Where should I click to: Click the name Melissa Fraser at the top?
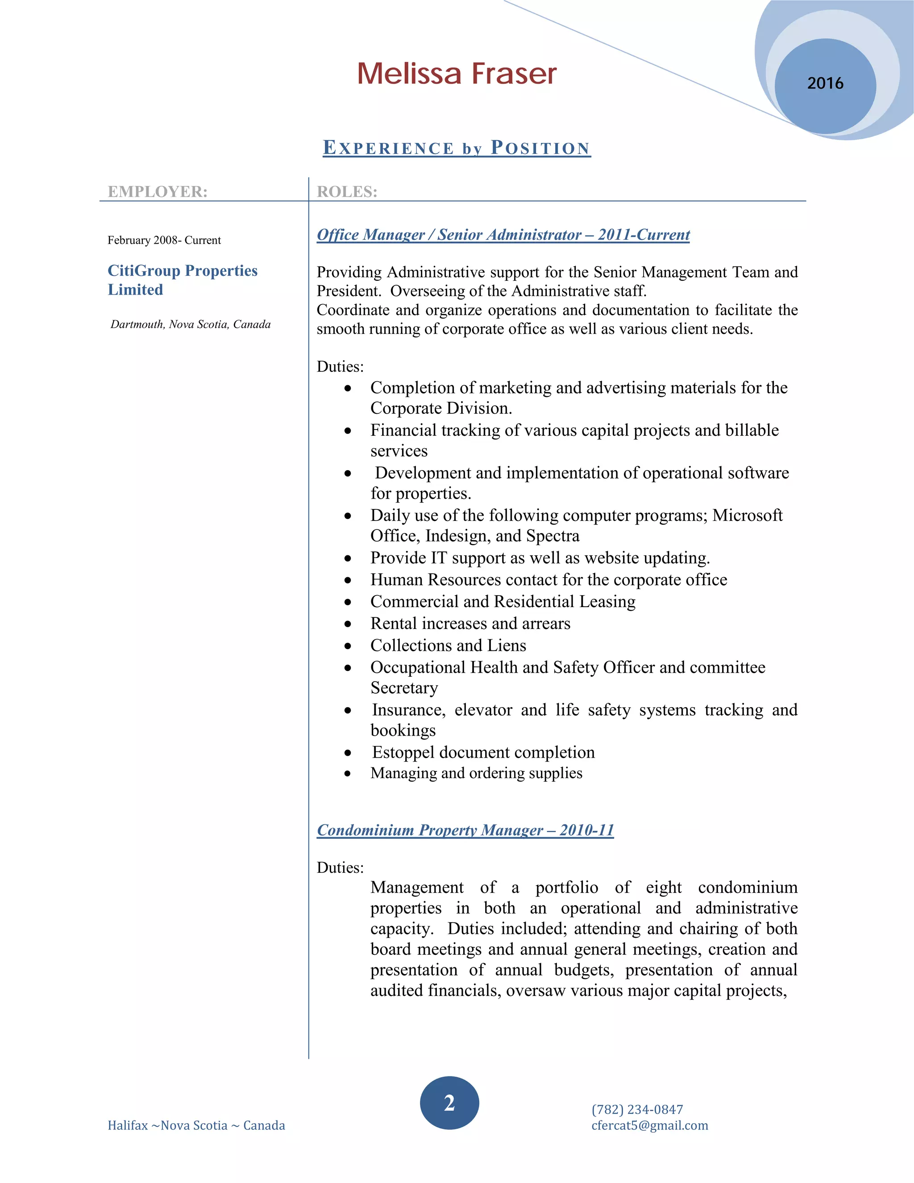457,74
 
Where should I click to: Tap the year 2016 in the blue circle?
825,83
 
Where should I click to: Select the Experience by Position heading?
457,148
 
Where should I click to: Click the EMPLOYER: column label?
158,192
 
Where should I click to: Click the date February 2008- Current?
164,241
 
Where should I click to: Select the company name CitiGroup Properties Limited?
183,280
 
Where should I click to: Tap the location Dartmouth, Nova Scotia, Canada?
191,325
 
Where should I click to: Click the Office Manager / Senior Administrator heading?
503,235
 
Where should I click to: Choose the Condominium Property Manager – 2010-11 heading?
465,830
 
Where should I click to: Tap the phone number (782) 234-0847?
637,1109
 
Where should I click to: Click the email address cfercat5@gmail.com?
650,1125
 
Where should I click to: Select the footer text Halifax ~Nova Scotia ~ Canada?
196,1125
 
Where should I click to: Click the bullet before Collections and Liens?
348,646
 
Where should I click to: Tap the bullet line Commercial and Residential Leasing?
503,602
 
